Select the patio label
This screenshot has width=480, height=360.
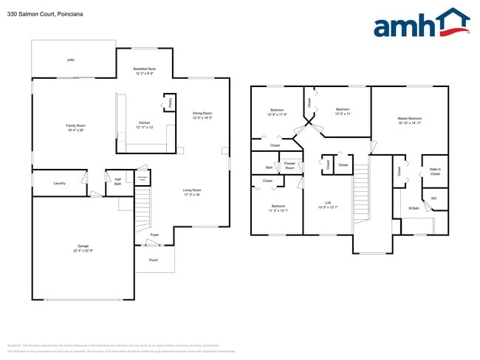[71, 59]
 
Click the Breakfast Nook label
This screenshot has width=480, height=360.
[145, 72]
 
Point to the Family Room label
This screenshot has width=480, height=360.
[76, 128]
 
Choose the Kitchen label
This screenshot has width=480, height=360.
[145, 125]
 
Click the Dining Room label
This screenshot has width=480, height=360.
[202, 115]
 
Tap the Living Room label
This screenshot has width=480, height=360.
[192, 193]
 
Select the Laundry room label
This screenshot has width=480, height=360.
[60, 183]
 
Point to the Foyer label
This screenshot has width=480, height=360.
[154, 235]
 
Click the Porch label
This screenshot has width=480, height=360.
[154, 260]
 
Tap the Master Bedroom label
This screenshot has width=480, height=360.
[410, 120]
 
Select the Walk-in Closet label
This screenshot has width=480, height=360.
[435, 171]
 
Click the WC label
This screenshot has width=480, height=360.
[433, 198]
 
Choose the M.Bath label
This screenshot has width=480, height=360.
[414, 208]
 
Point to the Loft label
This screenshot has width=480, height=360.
[328, 204]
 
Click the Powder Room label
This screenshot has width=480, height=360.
[289, 165]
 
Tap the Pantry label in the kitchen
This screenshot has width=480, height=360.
[171, 103]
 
